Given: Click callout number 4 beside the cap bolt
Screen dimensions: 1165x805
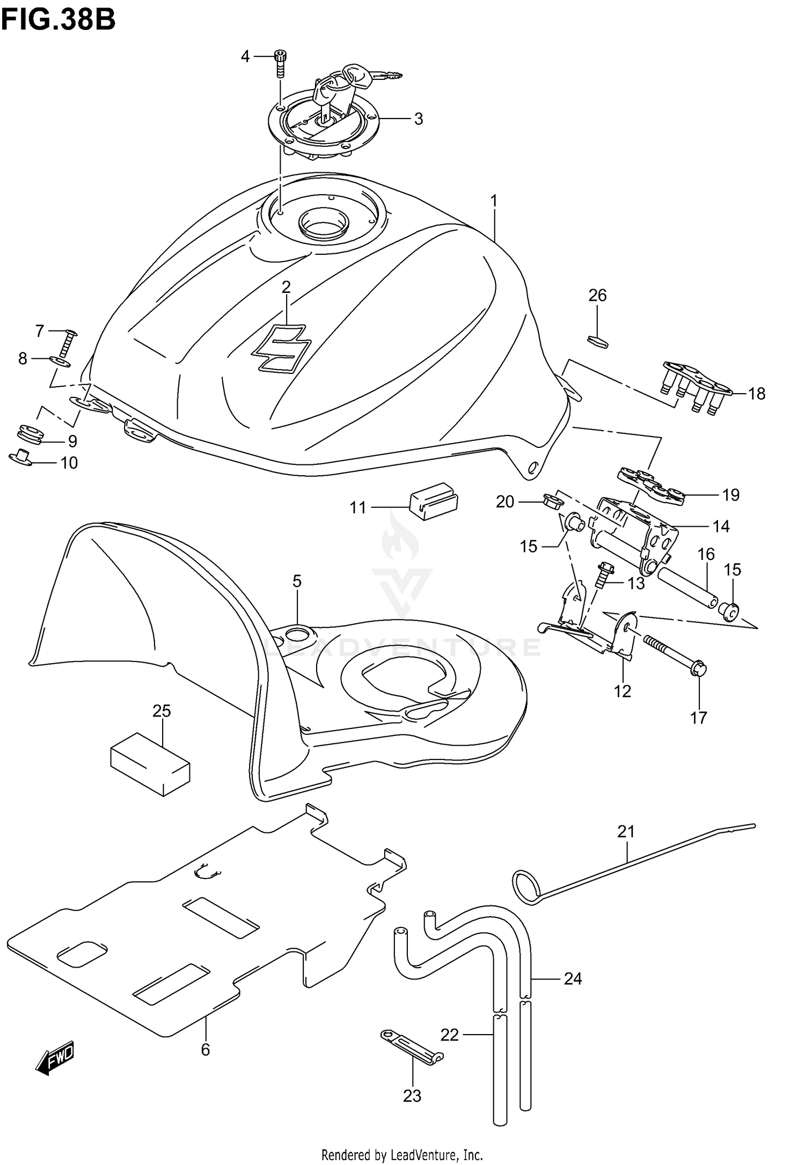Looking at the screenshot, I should click(x=245, y=56).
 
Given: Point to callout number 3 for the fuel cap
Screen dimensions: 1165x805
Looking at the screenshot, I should click(x=419, y=119).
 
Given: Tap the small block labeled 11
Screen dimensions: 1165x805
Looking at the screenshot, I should click(x=433, y=500).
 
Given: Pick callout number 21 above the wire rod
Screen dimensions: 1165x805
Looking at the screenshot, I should click(x=626, y=831).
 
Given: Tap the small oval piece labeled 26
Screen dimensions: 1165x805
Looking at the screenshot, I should click(x=598, y=342).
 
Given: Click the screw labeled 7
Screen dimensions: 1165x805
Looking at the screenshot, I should click(x=67, y=344).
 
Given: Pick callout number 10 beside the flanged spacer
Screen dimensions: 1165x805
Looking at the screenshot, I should click(x=69, y=462).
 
